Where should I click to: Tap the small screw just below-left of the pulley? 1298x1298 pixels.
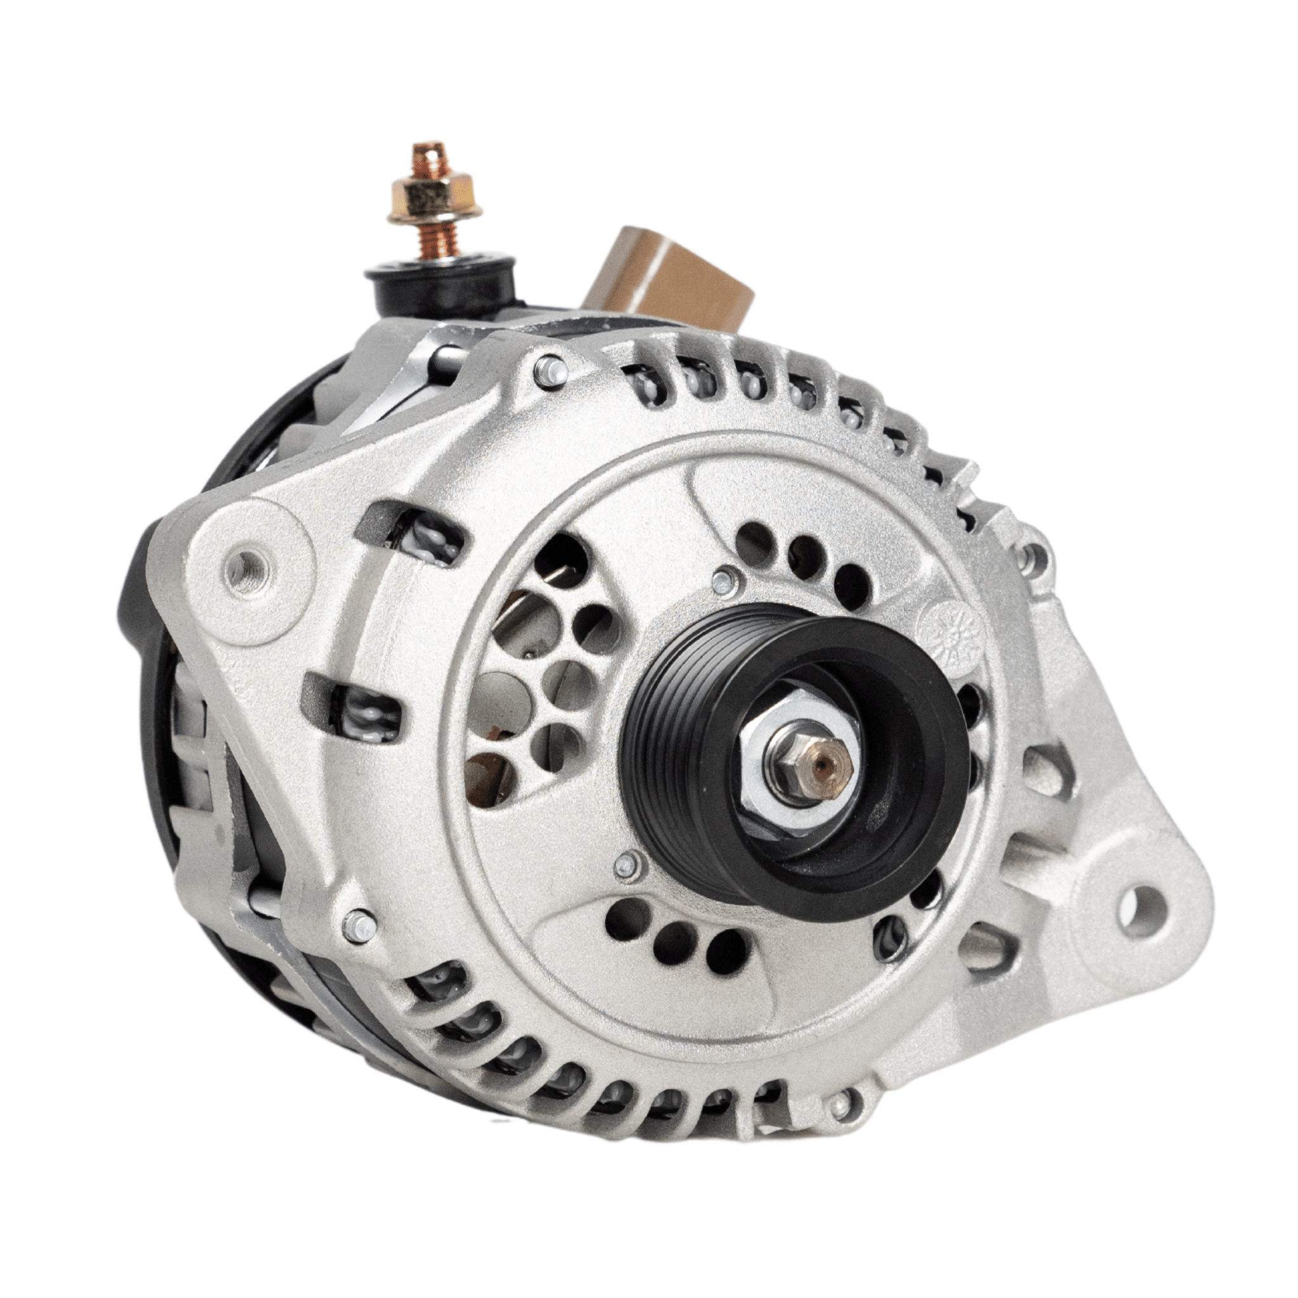tap(626, 866)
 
